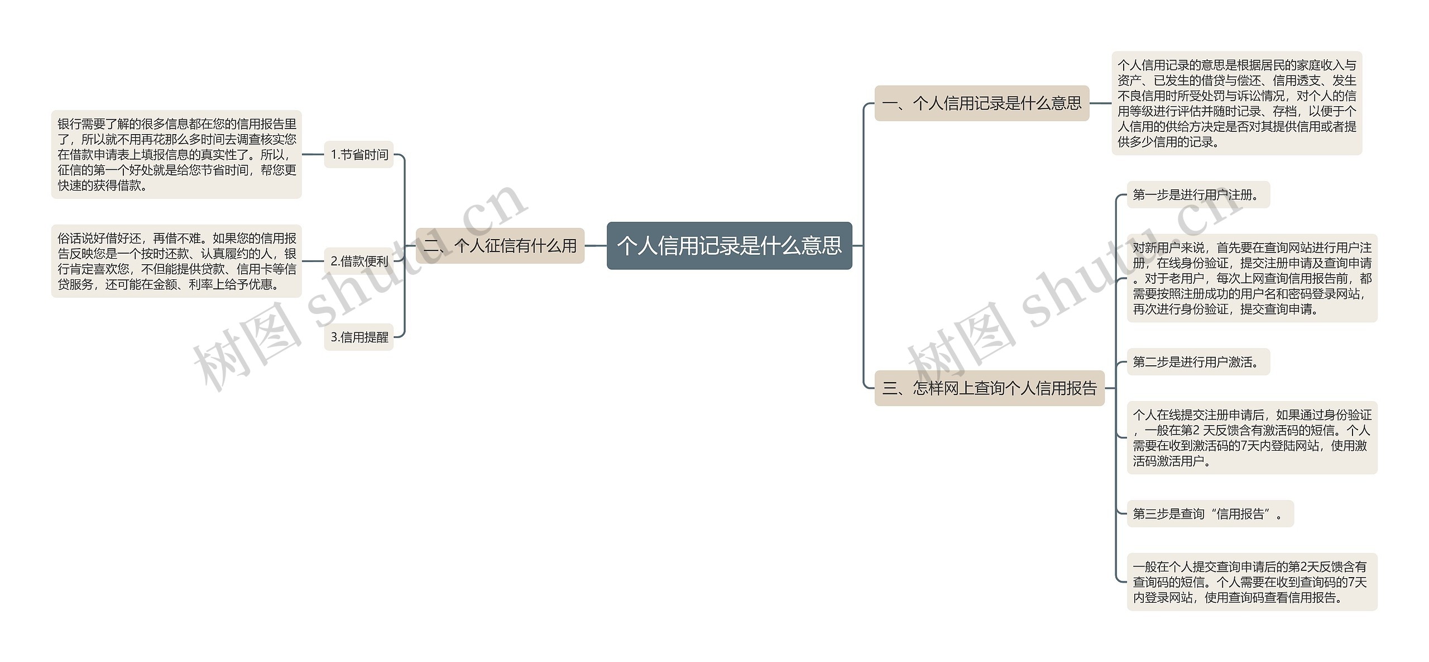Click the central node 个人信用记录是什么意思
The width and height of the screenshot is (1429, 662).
coord(729,246)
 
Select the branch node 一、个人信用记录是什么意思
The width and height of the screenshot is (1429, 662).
coord(981,103)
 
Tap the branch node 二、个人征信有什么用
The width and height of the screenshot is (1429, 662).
coord(500,246)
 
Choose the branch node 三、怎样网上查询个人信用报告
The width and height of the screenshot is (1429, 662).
coord(989,388)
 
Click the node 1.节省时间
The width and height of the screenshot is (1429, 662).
coord(359,155)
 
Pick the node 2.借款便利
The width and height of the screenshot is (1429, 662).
coord(359,261)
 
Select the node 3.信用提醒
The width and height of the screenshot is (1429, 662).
coord(359,337)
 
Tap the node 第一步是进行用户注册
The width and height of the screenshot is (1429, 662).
coord(1198,195)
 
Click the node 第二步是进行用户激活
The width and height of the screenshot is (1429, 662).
coord(1198,362)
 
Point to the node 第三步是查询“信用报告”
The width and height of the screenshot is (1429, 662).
coord(1210,514)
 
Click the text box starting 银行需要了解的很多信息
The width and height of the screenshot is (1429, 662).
coord(176,155)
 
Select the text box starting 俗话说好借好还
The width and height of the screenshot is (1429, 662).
coord(176,261)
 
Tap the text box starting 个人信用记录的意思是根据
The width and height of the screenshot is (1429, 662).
coord(1236,103)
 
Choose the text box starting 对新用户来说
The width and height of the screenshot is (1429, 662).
coord(1251,278)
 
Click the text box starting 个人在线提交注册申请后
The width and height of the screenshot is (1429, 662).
coord(1251,438)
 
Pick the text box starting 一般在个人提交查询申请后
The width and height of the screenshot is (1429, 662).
coord(1251,582)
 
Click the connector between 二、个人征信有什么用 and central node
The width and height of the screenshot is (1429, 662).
coord(596,246)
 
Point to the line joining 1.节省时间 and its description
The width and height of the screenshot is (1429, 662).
coord(313,155)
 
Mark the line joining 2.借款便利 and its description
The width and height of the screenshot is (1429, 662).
coord(313,261)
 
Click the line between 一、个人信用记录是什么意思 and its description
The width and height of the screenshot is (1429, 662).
coord(1100,103)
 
